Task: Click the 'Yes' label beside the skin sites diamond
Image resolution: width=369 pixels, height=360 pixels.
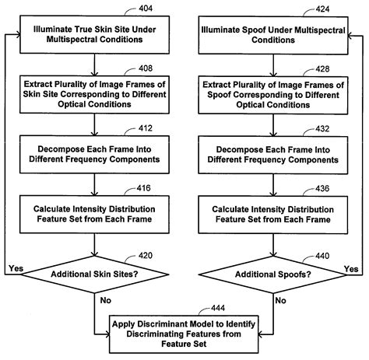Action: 15,268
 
